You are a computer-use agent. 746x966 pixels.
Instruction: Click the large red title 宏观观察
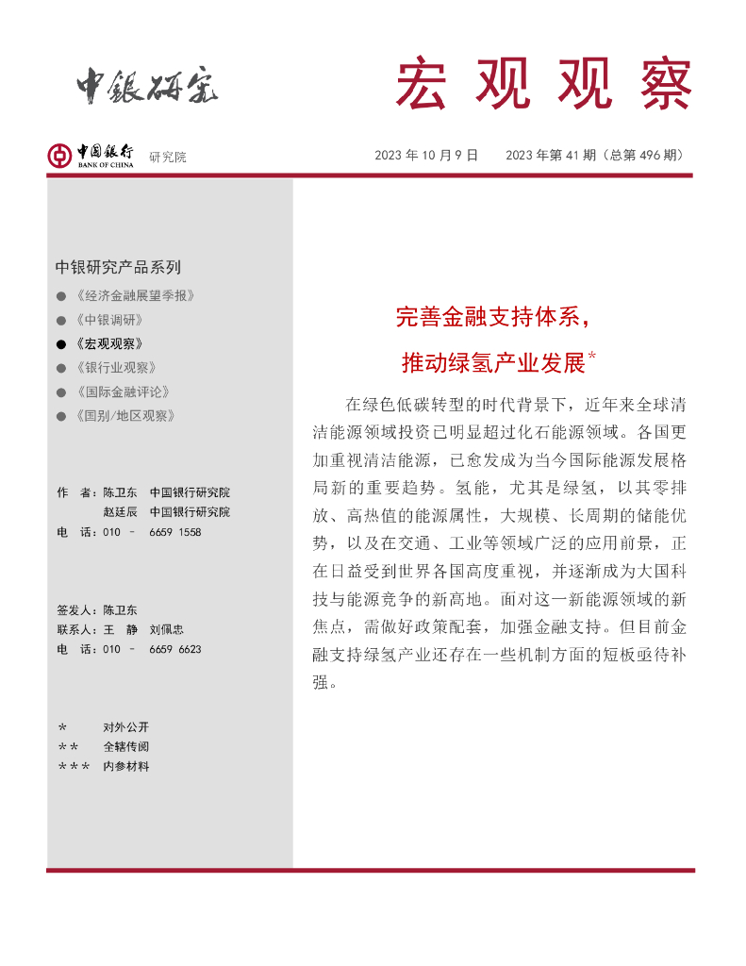tap(544, 84)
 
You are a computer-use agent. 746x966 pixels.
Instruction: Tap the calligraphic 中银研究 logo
tap(147, 88)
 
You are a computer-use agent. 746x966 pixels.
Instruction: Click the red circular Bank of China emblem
tap(59, 156)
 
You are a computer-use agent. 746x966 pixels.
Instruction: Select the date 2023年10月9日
tap(426, 156)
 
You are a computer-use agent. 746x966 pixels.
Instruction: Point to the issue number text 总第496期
tap(646, 156)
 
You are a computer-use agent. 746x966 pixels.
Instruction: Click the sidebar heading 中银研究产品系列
tap(118, 267)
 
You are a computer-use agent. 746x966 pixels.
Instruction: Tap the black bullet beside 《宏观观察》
tap(61, 344)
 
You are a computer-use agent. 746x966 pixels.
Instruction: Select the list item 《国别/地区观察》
tap(124, 416)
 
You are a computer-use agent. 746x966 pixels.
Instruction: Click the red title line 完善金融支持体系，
tap(492, 318)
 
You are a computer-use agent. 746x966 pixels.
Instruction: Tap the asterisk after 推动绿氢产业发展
tap(591, 356)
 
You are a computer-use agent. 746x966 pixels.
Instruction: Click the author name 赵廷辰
tap(121, 512)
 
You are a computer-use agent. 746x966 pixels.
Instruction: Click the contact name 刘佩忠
tap(166, 629)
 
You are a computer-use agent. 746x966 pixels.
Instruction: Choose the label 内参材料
tap(126, 766)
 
